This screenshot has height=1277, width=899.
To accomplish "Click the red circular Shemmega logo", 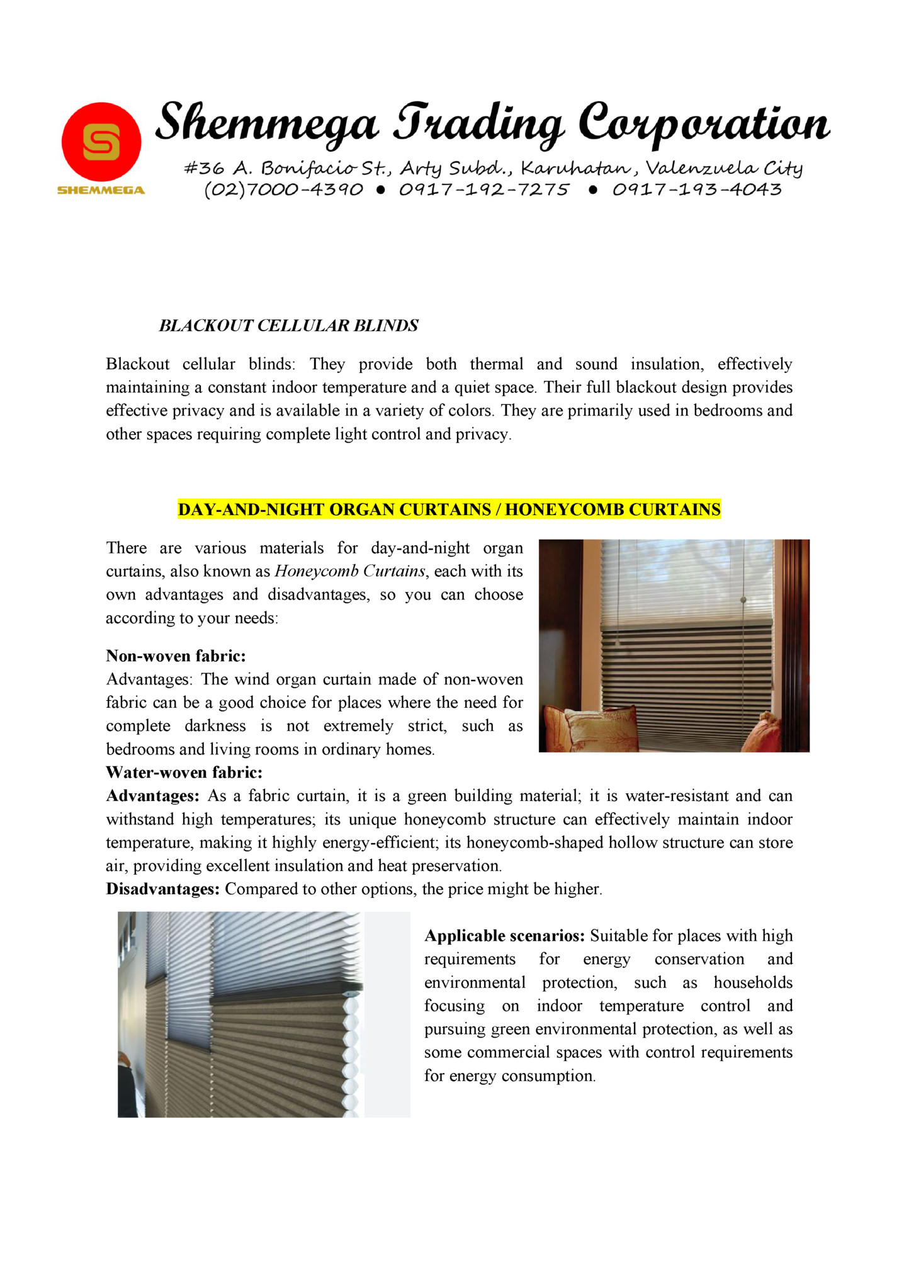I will click(x=101, y=142).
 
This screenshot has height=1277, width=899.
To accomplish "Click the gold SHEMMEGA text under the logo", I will click(x=101, y=190).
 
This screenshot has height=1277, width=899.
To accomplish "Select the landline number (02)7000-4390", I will click(x=284, y=190).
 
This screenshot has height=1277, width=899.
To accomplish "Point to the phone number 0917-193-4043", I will click(x=697, y=190).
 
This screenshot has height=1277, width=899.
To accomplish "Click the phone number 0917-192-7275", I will click(x=484, y=190).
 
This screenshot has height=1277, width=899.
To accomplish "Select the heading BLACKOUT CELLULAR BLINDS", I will click(x=288, y=326).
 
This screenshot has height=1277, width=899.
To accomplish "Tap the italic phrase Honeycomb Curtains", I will click(x=351, y=571).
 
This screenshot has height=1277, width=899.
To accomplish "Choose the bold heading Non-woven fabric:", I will click(x=176, y=656).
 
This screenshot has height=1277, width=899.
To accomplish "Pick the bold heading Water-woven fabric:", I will click(x=184, y=773).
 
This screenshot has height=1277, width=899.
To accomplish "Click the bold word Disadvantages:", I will click(x=162, y=889).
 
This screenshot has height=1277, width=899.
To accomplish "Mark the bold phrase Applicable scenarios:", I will click(x=504, y=936).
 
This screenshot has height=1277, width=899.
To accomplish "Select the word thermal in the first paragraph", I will click(x=496, y=364).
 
